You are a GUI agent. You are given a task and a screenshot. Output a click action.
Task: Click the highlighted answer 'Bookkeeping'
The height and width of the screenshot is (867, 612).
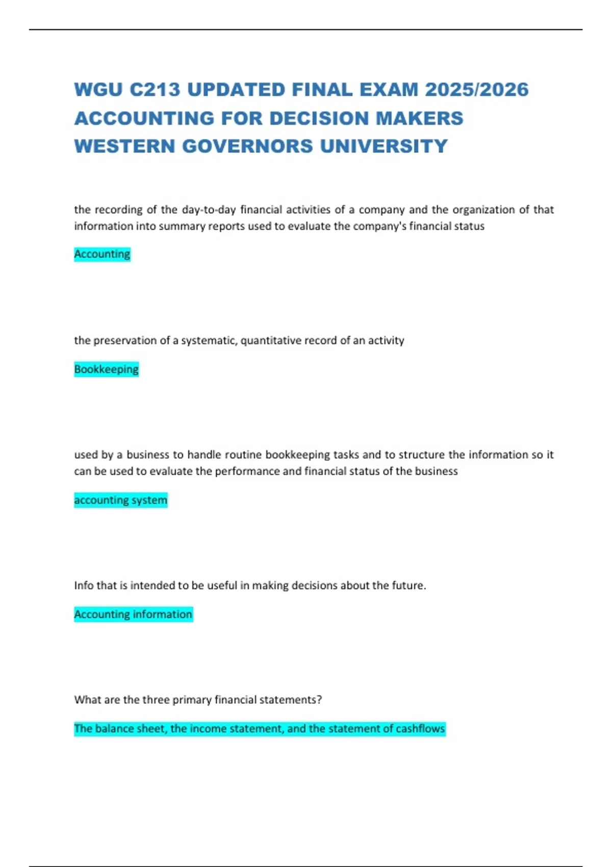[x=106, y=369]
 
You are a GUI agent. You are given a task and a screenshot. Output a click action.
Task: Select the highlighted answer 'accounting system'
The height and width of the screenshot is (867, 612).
[x=120, y=500]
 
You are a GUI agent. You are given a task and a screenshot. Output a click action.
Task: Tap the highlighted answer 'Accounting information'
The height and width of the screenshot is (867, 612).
[x=133, y=614]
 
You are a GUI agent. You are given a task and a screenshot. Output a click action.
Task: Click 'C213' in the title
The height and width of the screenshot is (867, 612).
[x=155, y=90]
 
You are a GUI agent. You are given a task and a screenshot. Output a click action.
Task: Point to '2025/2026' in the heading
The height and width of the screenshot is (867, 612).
[x=477, y=90]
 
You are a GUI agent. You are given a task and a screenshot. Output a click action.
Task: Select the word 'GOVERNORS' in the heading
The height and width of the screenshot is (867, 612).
[x=247, y=146]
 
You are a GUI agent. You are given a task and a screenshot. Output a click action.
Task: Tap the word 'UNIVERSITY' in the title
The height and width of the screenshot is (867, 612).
[x=384, y=146]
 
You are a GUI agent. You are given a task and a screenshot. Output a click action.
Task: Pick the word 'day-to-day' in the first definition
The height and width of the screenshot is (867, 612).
[x=209, y=210]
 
